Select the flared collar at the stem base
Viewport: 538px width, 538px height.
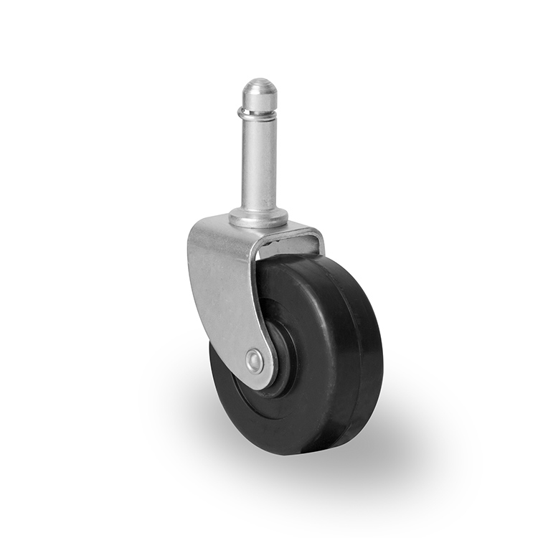[259, 217]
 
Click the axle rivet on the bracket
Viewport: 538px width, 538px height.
[253, 359]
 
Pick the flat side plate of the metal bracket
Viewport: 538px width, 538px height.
[222, 287]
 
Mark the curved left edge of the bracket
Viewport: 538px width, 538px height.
[192, 280]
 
